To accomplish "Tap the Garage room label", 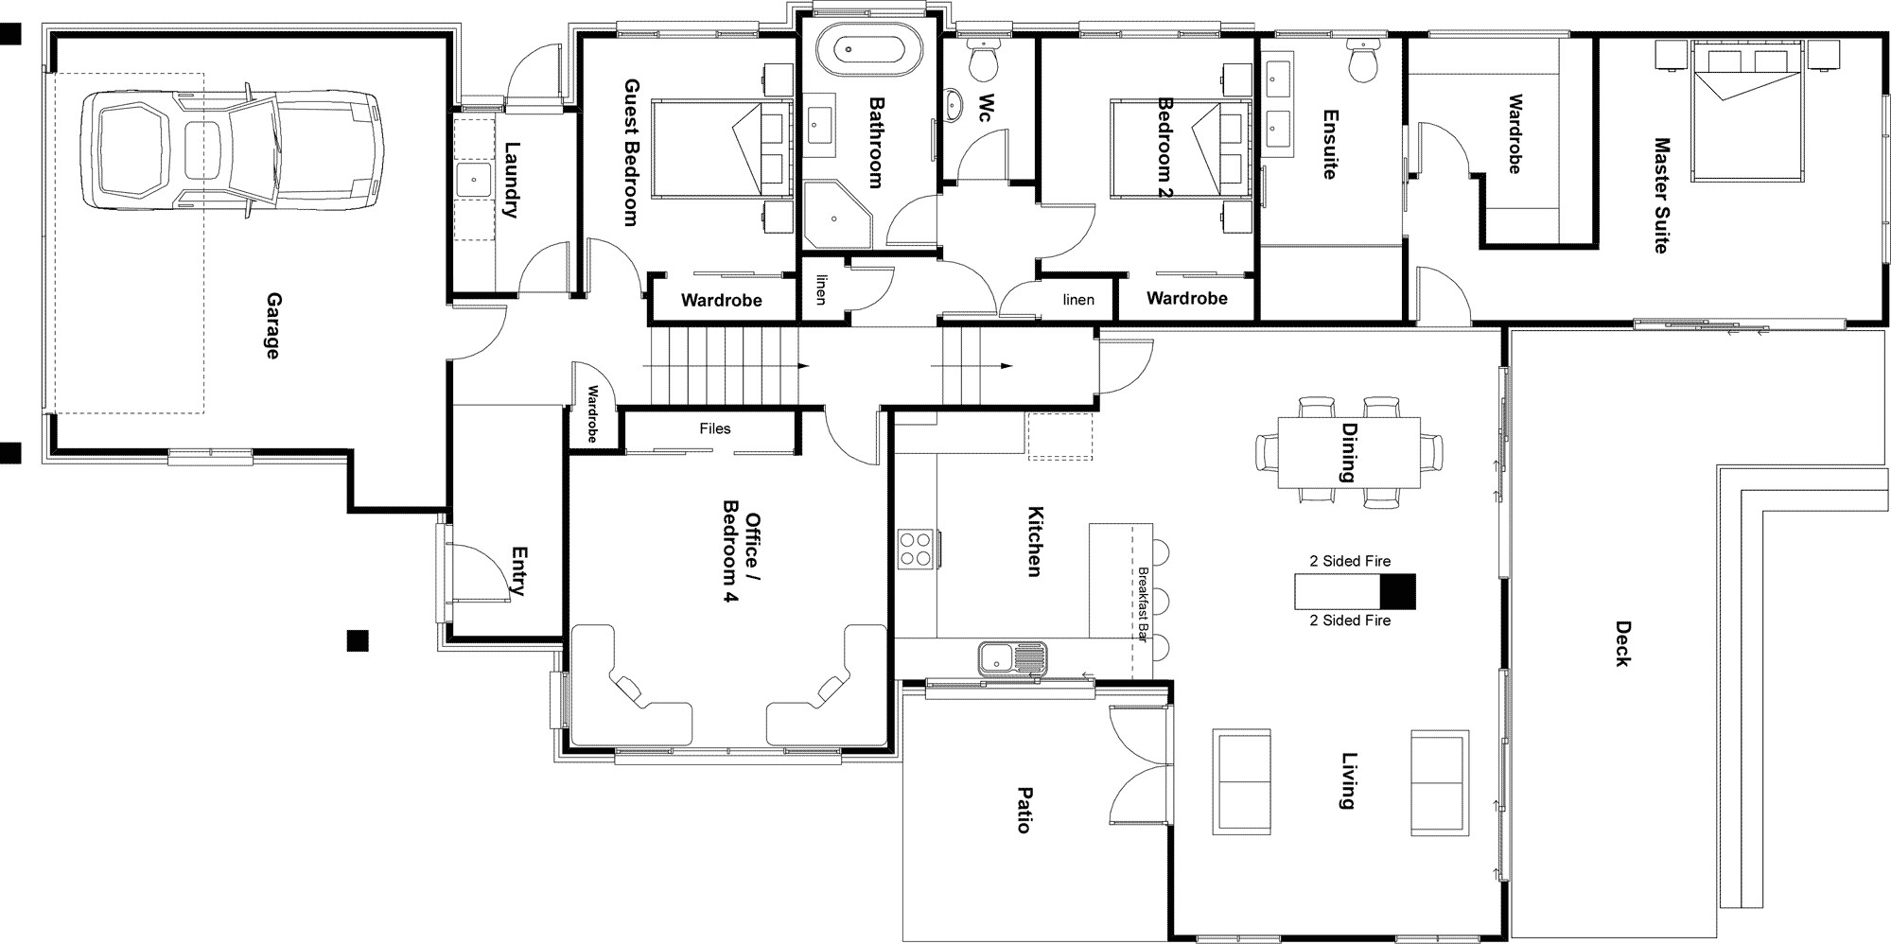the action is point(272,325).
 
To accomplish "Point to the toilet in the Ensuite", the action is point(1363,61).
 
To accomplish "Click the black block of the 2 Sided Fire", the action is point(1398,591).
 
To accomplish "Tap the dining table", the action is point(1349,452).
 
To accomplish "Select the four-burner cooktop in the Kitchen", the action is point(916,549).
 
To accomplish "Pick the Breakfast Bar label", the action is point(1143,605).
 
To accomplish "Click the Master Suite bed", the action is point(1738,111).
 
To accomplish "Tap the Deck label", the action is point(1622,643).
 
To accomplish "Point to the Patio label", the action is point(1024,810).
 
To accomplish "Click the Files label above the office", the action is point(715,428).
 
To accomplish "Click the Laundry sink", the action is point(473,180).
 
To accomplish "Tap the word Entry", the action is point(517,570).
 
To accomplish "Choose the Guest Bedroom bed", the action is point(721,149).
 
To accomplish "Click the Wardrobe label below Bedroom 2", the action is point(1187,298).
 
